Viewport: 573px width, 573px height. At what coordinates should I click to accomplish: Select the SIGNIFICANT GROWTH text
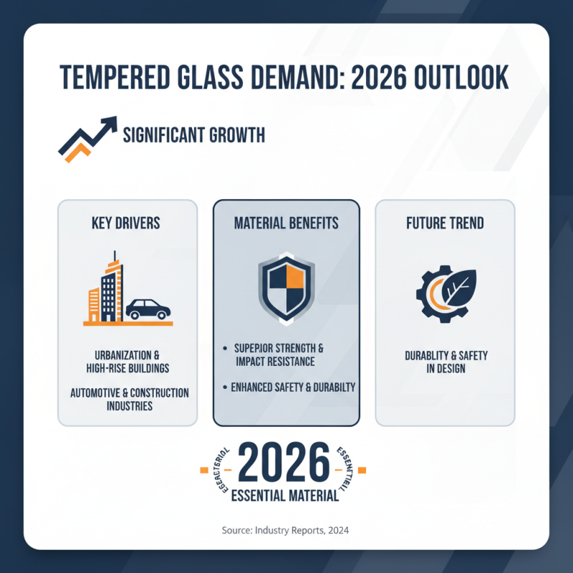coord(194,134)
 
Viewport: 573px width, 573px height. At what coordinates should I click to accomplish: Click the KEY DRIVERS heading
coord(126,223)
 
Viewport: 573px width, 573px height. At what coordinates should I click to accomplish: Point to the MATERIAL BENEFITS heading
coord(286,223)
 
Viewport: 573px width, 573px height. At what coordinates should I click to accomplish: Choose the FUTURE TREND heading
coord(446,223)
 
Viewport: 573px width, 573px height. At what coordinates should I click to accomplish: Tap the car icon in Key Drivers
coord(148,309)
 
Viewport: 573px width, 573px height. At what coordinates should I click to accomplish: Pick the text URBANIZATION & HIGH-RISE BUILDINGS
coord(126,362)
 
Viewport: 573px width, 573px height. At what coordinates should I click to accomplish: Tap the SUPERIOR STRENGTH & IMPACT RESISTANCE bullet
coord(279,354)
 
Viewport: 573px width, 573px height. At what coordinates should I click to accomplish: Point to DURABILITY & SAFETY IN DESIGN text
coord(446,362)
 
